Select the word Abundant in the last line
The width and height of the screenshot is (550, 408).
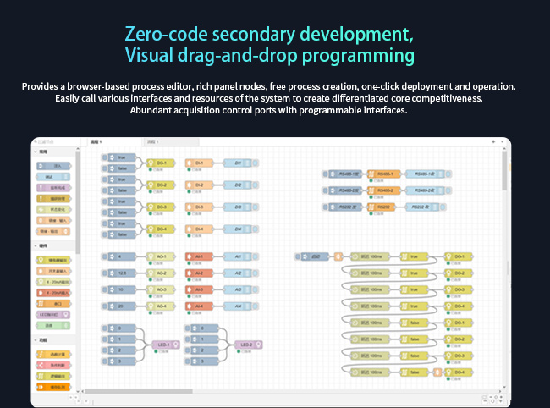coord(152,110)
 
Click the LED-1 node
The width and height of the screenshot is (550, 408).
coord(163,344)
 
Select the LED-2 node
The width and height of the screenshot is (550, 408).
coord(246,344)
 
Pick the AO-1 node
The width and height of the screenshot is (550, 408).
coord(161,256)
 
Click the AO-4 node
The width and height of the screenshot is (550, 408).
coord(161,306)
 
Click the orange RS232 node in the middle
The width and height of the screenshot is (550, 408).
coord(385,206)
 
